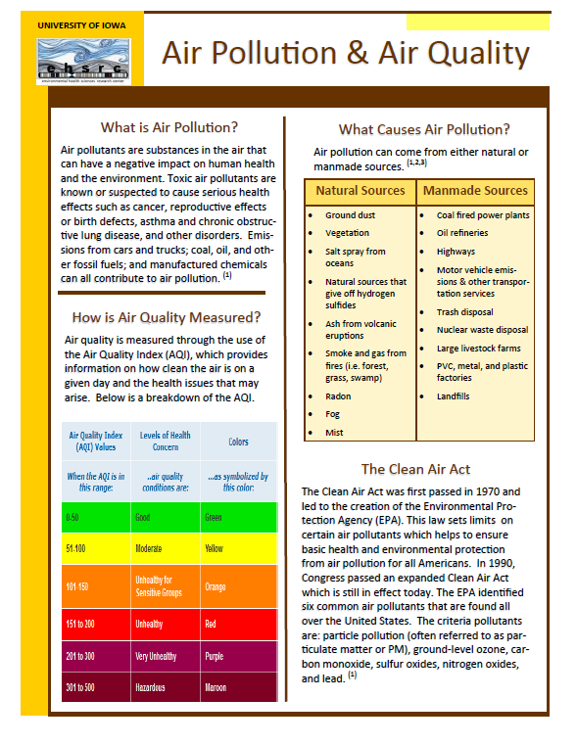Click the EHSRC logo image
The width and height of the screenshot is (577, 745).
pyautogui.click(x=87, y=62)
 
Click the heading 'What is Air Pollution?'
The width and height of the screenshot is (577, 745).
pyautogui.click(x=169, y=127)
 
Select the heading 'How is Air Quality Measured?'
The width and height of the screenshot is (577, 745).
pyautogui.click(x=167, y=316)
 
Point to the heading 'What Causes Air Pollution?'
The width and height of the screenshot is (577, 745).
pyautogui.click(x=424, y=129)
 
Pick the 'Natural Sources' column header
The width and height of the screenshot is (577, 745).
pyautogui.click(x=360, y=191)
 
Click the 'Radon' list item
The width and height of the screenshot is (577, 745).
pyautogui.click(x=339, y=396)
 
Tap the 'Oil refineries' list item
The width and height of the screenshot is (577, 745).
pyautogui.click(x=462, y=233)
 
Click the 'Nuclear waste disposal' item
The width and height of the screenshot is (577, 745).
pyautogui.click(x=482, y=330)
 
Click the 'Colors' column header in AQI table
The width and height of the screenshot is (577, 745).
pyautogui.click(x=238, y=442)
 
